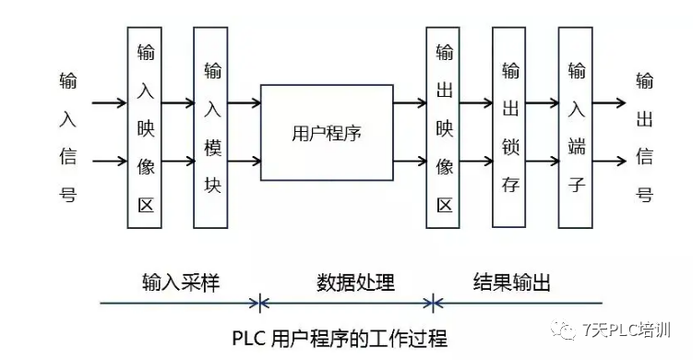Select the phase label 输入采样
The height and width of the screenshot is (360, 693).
pyautogui.click(x=181, y=282)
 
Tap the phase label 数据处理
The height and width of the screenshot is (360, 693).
pyautogui.click(x=355, y=282)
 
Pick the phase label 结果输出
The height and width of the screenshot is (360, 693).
pyautogui.click(x=512, y=282)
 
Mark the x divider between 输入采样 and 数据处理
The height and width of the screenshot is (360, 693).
pyautogui.click(x=261, y=302)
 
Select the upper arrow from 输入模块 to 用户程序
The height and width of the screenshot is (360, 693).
pyautogui.click(x=245, y=102)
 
